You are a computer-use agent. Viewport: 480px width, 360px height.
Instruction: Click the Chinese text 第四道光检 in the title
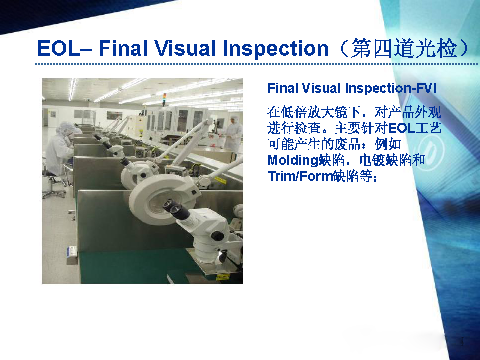click(x=404, y=49)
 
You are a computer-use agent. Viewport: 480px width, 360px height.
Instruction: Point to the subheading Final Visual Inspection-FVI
click(x=352, y=88)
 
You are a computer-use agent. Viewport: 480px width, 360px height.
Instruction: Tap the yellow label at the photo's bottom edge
click(x=223, y=277)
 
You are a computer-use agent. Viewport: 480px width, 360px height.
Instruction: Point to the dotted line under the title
click(x=257, y=64)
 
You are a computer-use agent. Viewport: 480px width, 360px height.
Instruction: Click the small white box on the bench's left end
click(x=72, y=255)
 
